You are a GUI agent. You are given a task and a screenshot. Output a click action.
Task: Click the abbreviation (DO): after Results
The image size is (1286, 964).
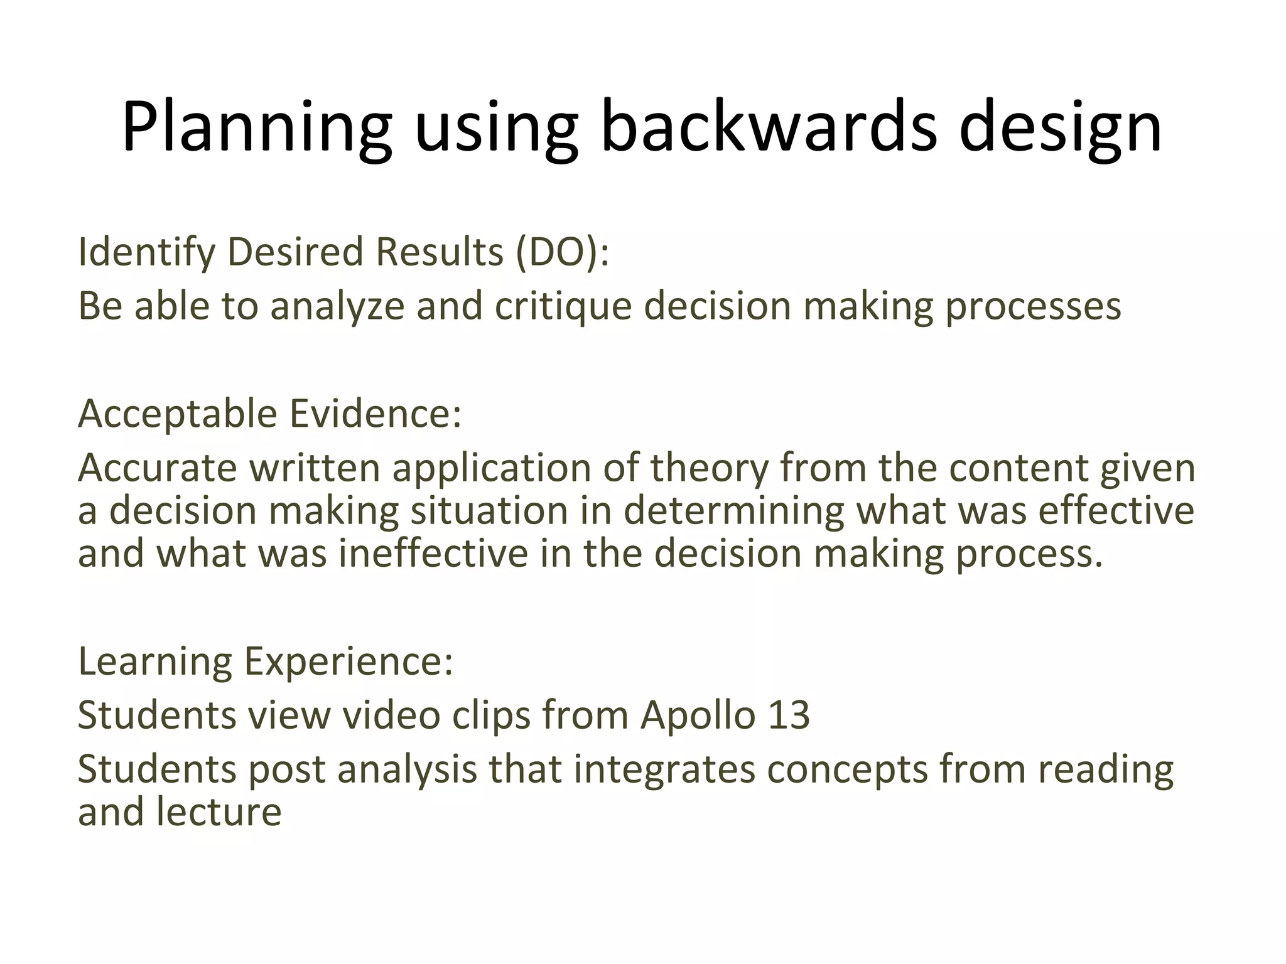tap(561, 252)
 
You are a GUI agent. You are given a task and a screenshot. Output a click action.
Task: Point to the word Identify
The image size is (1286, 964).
tap(146, 252)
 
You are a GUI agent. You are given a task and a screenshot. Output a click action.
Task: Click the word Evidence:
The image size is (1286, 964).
tap(376, 414)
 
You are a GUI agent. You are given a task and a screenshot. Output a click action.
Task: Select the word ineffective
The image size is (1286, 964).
tap(433, 554)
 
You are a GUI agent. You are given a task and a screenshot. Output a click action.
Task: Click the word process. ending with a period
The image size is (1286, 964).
tap(1029, 554)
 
